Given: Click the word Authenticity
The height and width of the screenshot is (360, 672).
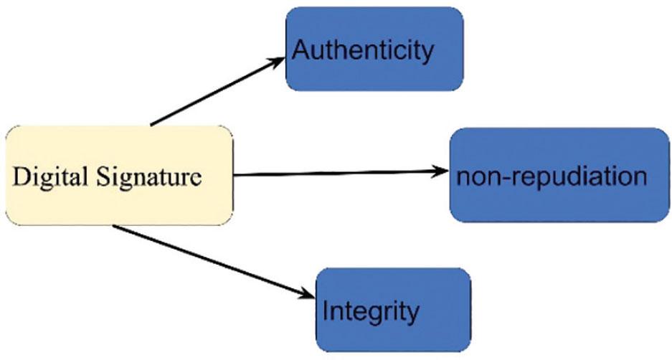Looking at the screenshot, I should click(363, 51).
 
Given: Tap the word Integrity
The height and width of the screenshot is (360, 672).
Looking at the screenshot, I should click(370, 312).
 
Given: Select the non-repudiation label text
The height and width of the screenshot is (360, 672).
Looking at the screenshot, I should click(550, 176).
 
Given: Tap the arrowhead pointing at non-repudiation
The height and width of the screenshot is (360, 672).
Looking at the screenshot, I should click(441, 171).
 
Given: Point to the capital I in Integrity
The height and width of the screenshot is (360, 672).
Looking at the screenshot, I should click(326, 311).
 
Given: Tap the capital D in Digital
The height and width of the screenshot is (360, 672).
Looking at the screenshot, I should click(20, 176).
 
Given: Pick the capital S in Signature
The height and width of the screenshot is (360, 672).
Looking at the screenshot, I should click(101, 176).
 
